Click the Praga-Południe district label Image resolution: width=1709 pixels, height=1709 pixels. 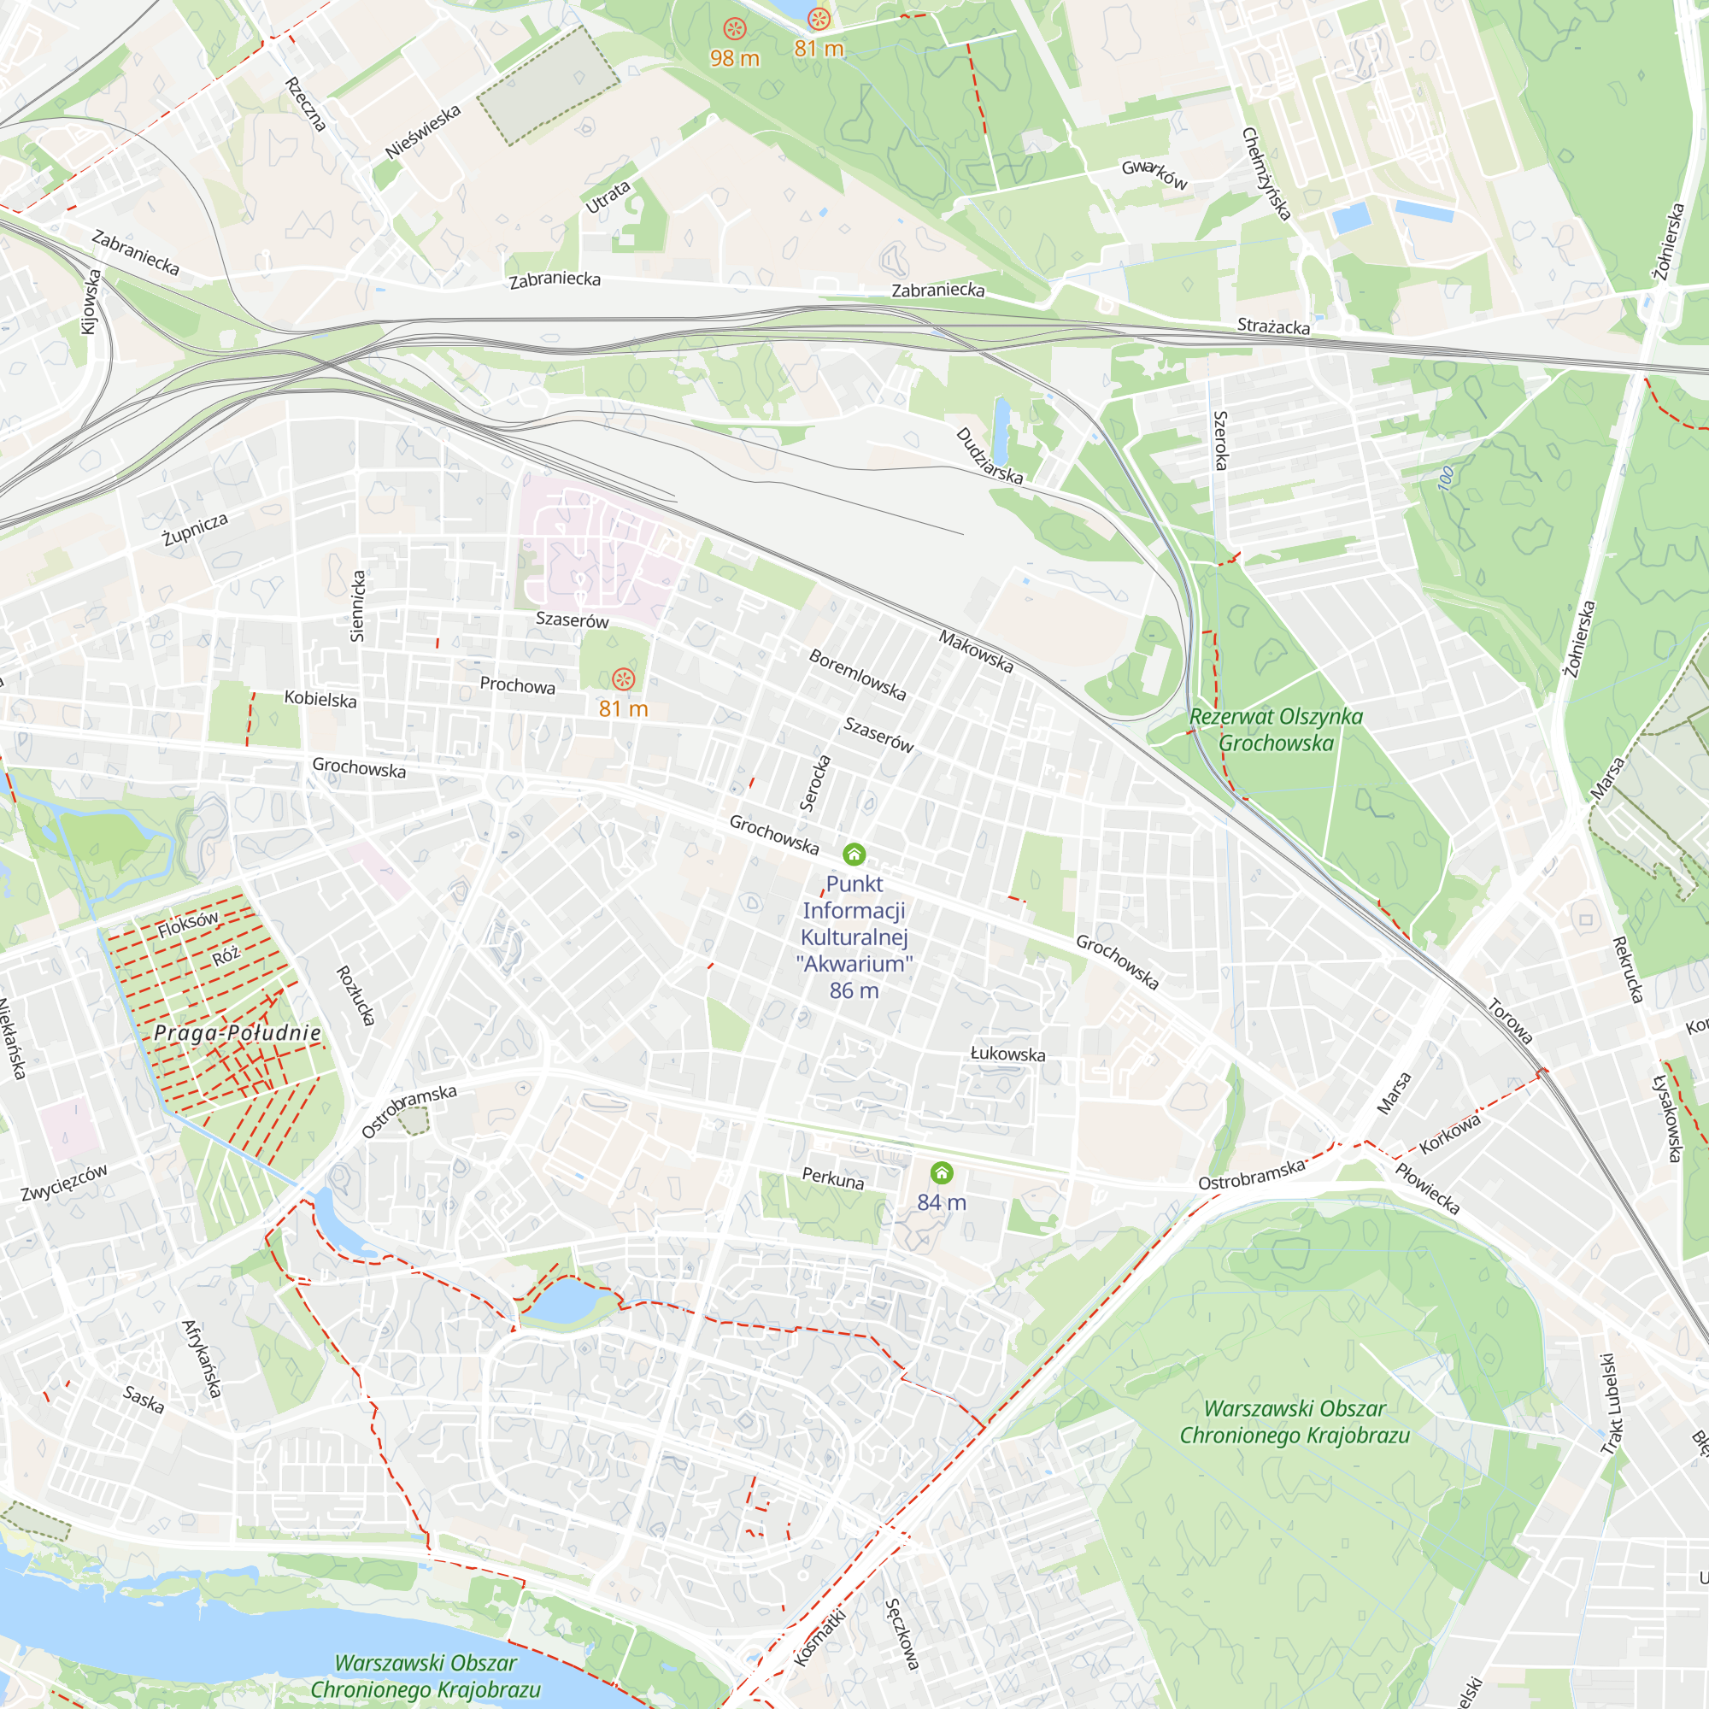point(237,1033)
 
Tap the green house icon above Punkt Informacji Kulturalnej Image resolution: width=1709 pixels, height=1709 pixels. point(854,854)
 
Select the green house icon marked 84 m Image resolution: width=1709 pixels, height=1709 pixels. point(941,1173)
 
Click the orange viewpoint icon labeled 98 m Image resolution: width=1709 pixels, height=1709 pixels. point(734,29)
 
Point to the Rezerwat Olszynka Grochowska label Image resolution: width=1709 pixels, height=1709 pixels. point(1276,730)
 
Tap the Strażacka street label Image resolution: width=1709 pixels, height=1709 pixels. point(1273,326)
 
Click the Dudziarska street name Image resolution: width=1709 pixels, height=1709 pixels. point(989,456)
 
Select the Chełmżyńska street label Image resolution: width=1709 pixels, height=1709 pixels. point(1266,173)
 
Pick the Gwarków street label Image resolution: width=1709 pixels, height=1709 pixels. point(1154,174)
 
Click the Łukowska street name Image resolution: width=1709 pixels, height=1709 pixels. point(1007,1054)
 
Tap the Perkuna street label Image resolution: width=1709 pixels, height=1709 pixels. point(832,1179)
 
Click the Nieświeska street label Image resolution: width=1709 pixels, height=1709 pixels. point(423,132)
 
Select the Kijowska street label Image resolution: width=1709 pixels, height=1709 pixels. point(91,302)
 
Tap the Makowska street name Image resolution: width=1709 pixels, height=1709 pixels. point(976,651)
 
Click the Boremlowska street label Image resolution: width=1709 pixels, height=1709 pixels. point(857,675)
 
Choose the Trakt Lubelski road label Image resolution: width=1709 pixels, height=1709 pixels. point(1612,1404)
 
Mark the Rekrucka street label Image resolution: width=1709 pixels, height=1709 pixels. point(1628,971)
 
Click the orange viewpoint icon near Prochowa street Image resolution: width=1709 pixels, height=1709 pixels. point(624,679)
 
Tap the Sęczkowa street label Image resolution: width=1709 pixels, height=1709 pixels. point(901,1634)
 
